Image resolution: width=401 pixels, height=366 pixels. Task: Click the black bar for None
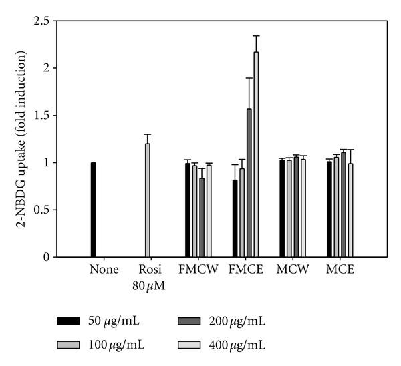[x=94, y=210]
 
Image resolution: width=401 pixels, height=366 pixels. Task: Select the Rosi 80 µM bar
[x=148, y=200]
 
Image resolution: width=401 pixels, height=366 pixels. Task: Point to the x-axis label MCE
[x=340, y=270]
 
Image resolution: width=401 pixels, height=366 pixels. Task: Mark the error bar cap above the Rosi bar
[x=148, y=134]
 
